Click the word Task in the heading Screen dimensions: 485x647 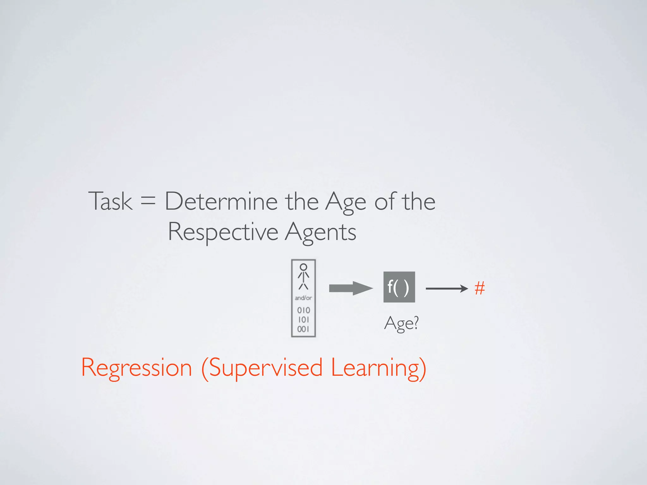coord(110,201)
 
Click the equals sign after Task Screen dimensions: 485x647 coord(148,201)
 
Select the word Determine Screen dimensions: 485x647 coord(221,201)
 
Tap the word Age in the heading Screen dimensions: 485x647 coord(346,202)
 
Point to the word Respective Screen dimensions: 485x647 coord(223,232)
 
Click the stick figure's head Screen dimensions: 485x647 coord(303,267)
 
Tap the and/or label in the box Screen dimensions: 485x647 coord(303,298)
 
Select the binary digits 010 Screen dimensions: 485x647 coord(303,310)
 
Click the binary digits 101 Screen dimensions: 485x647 coord(303,320)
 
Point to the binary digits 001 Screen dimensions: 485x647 coord(303,329)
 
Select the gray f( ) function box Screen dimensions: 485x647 coord(399,287)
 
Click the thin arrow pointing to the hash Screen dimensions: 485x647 coord(446,288)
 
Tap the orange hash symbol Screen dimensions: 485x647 coord(480,288)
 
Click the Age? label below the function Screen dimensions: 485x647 coord(401,323)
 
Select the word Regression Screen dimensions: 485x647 coord(136,368)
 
